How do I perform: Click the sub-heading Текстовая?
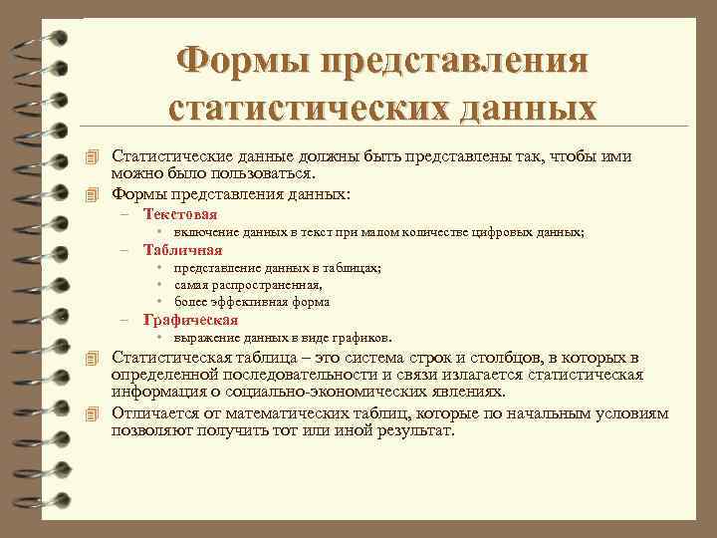click(x=180, y=213)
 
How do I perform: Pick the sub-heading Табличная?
click(x=183, y=250)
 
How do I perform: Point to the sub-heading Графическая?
click(x=190, y=320)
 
